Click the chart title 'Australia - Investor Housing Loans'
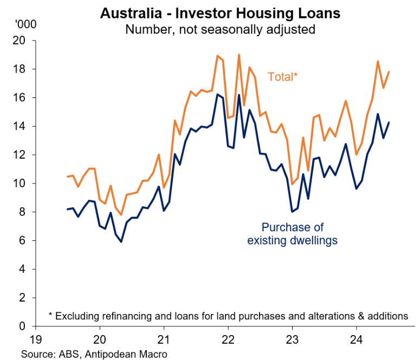pyautogui.click(x=220, y=13)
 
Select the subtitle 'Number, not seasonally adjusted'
pyautogui.click(x=220, y=28)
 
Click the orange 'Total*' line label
pyautogui.click(x=283, y=77)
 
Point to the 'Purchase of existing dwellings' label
pyautogui.click(x=292, y=233)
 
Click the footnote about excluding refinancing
pyautogui.click(x=228, y=315)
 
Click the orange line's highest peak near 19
pyautogui.click(x=238, y=55)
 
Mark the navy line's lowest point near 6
pyautogui.click(x=121, y=241)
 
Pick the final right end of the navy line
pyautogui.click(x=389, y=122)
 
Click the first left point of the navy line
pyautogui.click(x=67, y=209)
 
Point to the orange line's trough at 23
pyautogui.click(x=292, y=184)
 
